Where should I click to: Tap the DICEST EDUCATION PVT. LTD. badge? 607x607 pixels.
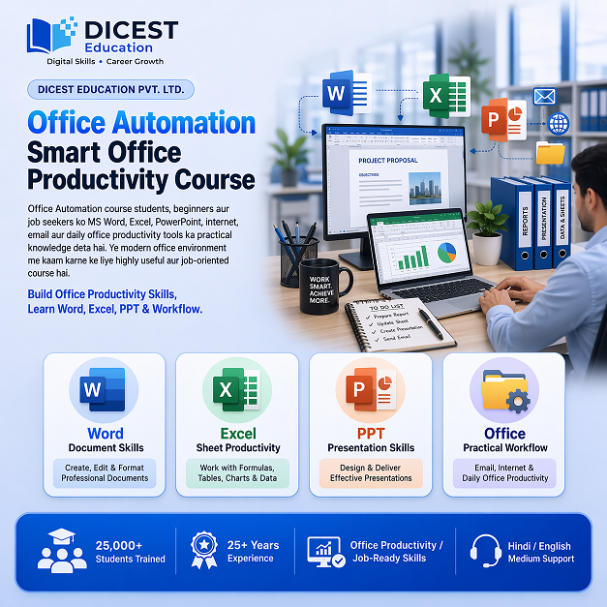click(x=111, y=90)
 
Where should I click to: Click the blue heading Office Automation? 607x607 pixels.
click(x=141, y=123)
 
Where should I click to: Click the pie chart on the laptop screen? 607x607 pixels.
click(x=446, y=254)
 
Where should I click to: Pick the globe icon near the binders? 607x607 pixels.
click(x=559, y=124)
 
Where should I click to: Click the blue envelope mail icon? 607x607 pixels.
click(x=544, y=96)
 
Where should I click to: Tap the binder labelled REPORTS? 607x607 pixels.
click(x=526, y=225)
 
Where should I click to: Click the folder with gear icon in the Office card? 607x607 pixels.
click(x=504, y=389)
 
